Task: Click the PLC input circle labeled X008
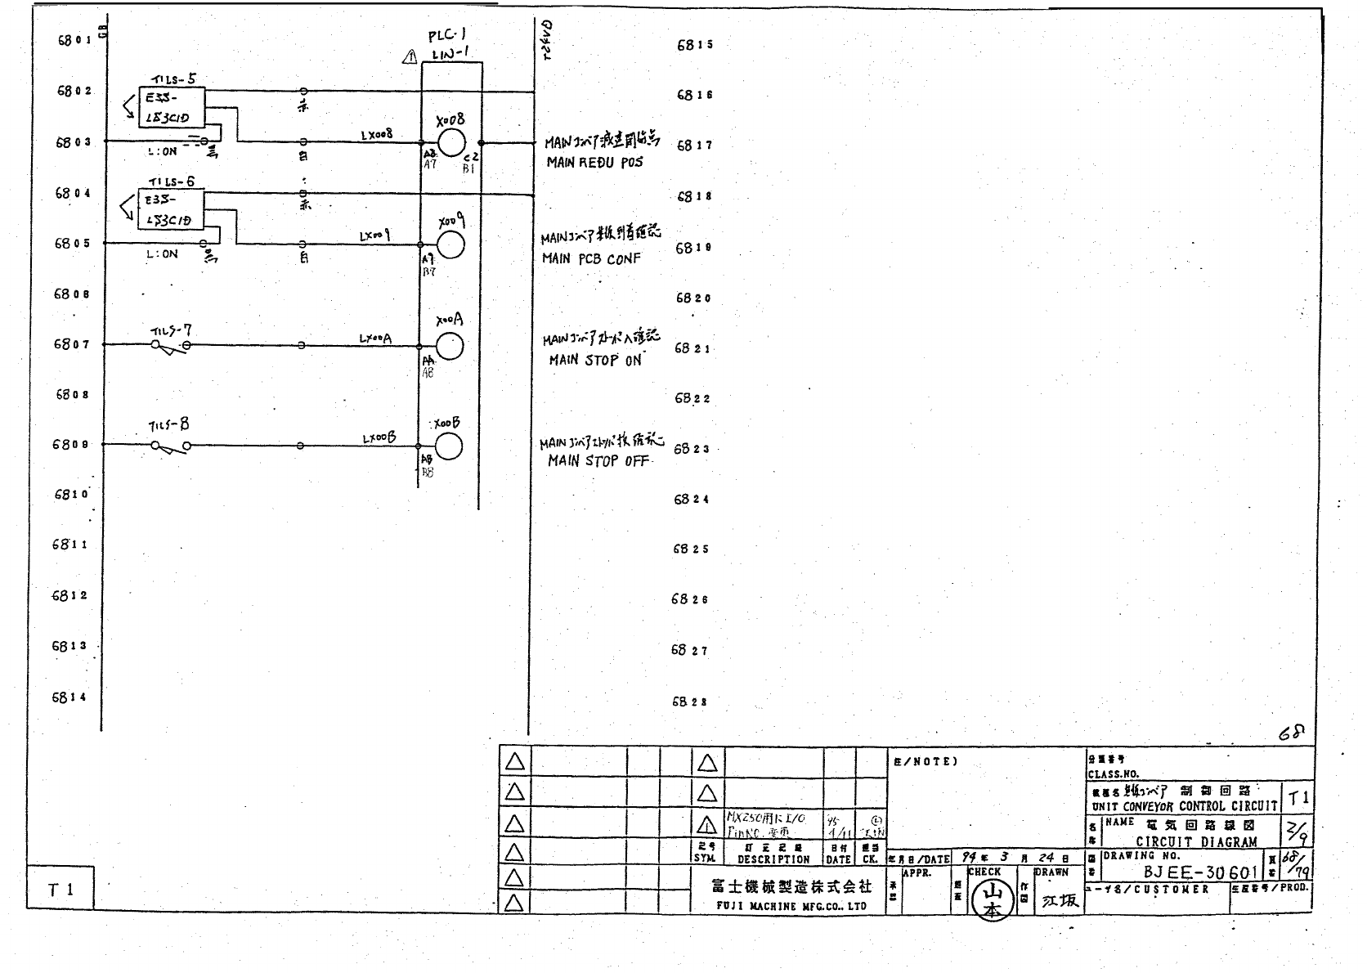coord(451,142)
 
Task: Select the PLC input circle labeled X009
coord(450,244)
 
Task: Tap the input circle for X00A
coord(450,347)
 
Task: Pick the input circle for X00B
coord(448,446)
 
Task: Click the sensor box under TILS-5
coord(172,108)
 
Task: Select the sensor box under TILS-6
coord(172,210)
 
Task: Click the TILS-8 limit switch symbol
coord(171,446)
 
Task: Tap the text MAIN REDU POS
coord(594,163)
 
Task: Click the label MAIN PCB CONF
coord(591,259)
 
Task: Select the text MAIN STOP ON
coord(595,360)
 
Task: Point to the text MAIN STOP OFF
coord(598,461)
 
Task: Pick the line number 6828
coord(689,702)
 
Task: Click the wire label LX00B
coord(379,438)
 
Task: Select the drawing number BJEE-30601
coord(1199,872)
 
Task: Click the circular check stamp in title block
coord(992,899)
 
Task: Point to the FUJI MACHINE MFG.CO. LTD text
coord(791,906)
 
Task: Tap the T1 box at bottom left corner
coord(61,889)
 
